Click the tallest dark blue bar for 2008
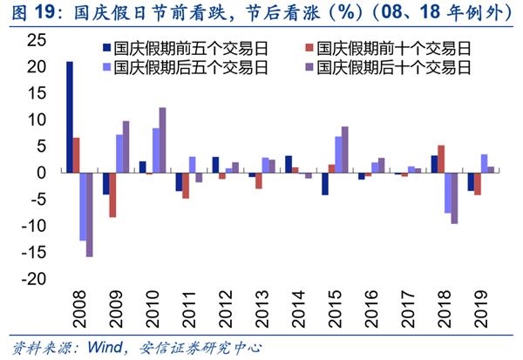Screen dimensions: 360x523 70,117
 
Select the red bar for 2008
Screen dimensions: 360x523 77,155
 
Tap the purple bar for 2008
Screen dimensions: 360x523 89,214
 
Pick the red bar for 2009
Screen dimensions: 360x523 113,194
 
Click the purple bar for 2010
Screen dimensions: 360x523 162,140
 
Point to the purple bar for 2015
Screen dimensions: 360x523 345,150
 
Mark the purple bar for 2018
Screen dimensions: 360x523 454,198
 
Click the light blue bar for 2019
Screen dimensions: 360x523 484,163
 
